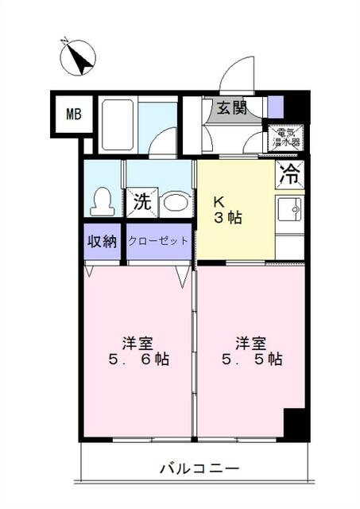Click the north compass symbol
pos(78,56)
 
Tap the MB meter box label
pos(74,115)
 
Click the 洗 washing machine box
pos(141,201)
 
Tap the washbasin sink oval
pos(176,204)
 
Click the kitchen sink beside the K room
pos(290,212)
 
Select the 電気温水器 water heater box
pos(284,138)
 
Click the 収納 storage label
pos(101,241)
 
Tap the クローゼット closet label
pos(158,241)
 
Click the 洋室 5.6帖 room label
pos(137,351)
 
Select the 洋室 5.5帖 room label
pos(250,351)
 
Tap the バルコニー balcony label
pos(192,467)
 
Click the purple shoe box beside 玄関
pos(275,107)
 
